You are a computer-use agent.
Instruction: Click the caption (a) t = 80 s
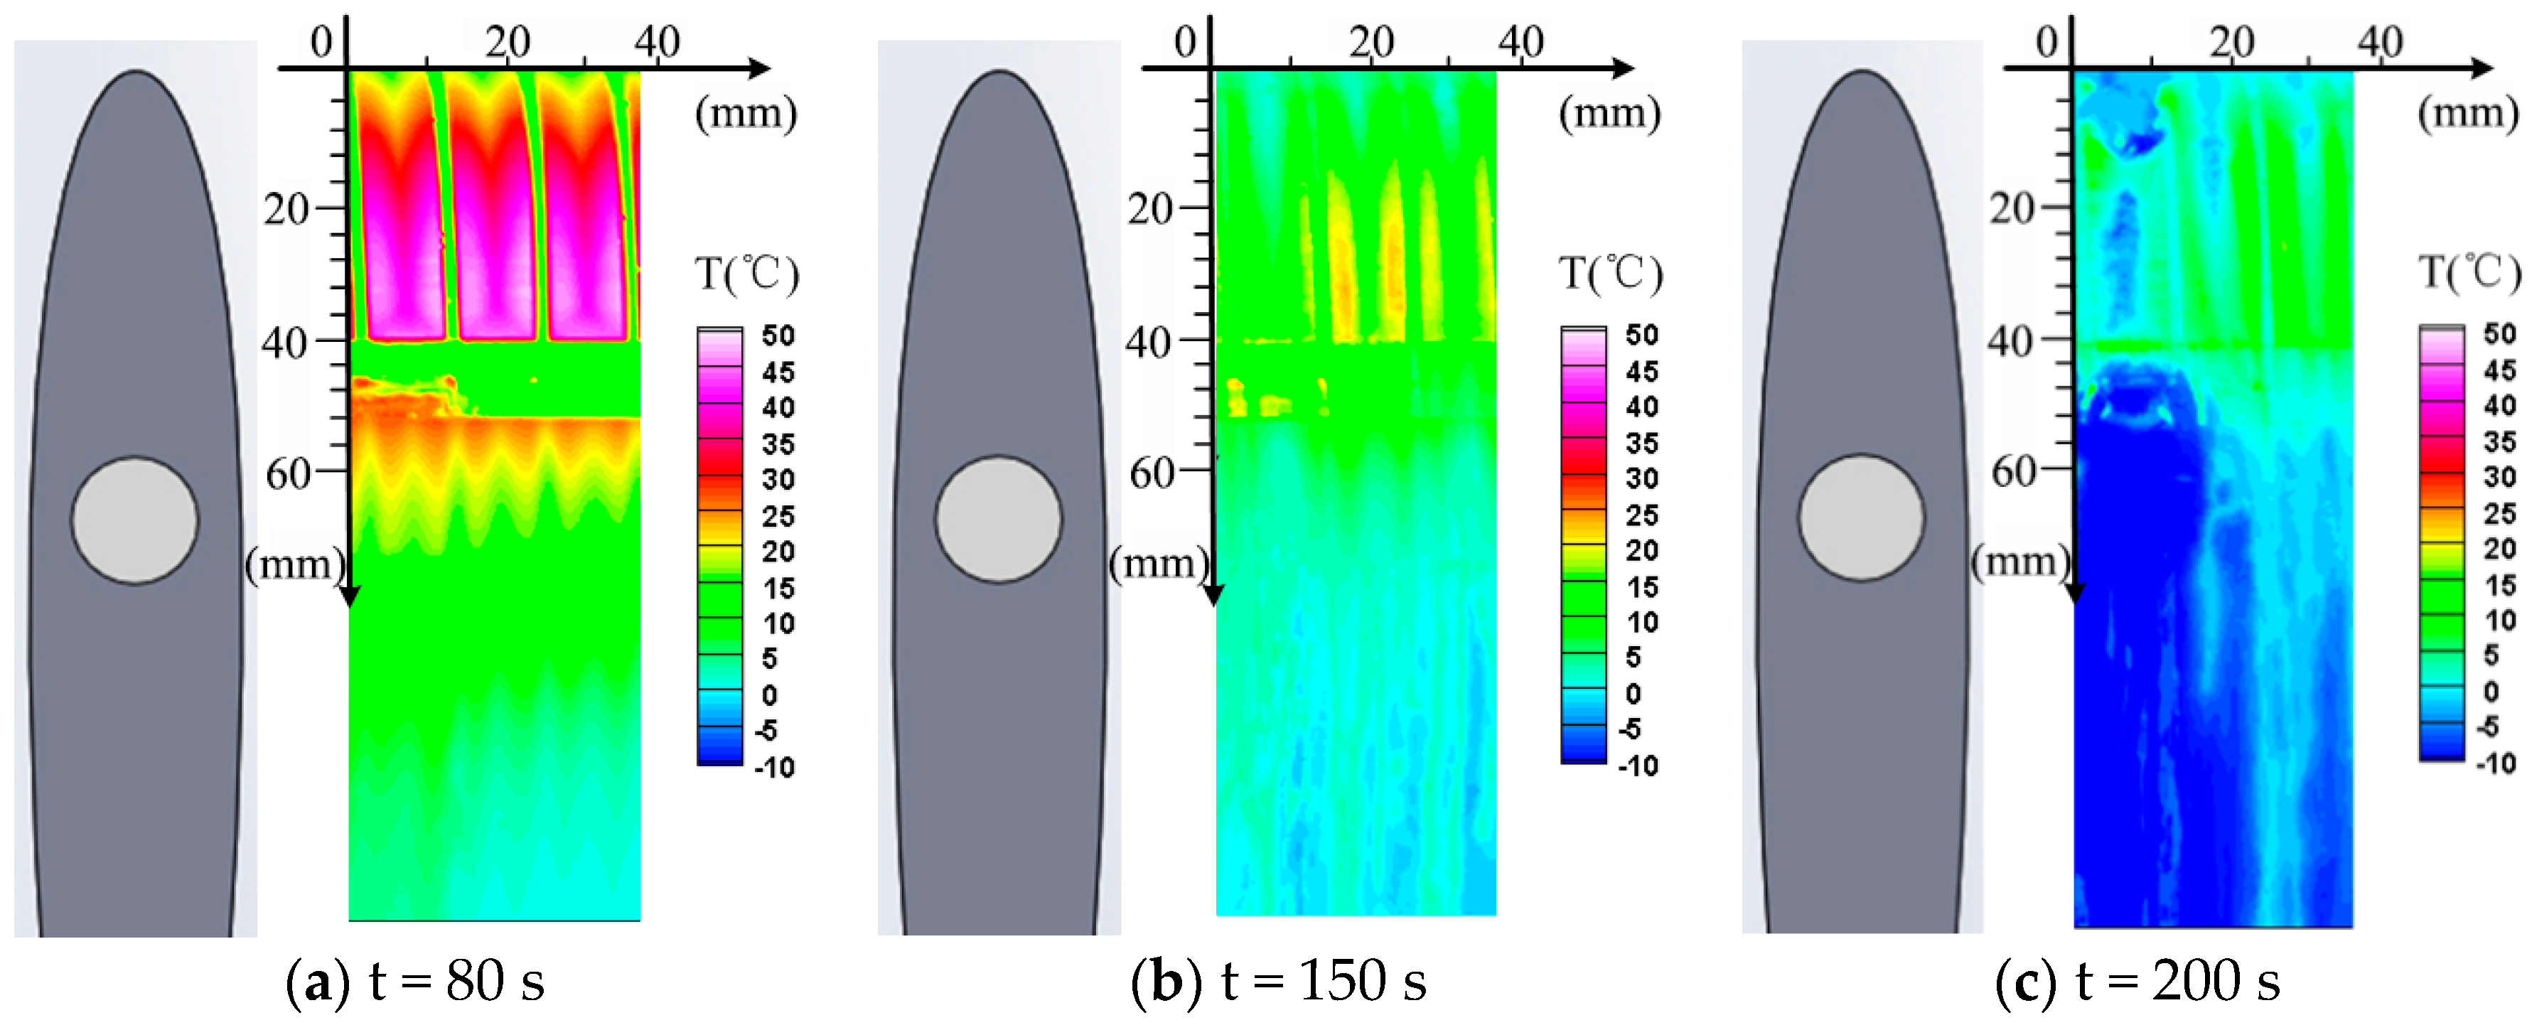point(415,981)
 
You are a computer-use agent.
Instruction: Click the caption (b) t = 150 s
point(1278,981)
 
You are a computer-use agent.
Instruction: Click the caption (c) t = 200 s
point(2138,981)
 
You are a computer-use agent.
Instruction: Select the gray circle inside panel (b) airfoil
point(999,519)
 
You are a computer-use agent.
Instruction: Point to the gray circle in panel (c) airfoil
point(1862,517)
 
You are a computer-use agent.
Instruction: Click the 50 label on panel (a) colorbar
point(778,336)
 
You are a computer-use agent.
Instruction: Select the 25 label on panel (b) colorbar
point(1641,515)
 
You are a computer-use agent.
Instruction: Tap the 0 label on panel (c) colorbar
point(2491,692)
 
